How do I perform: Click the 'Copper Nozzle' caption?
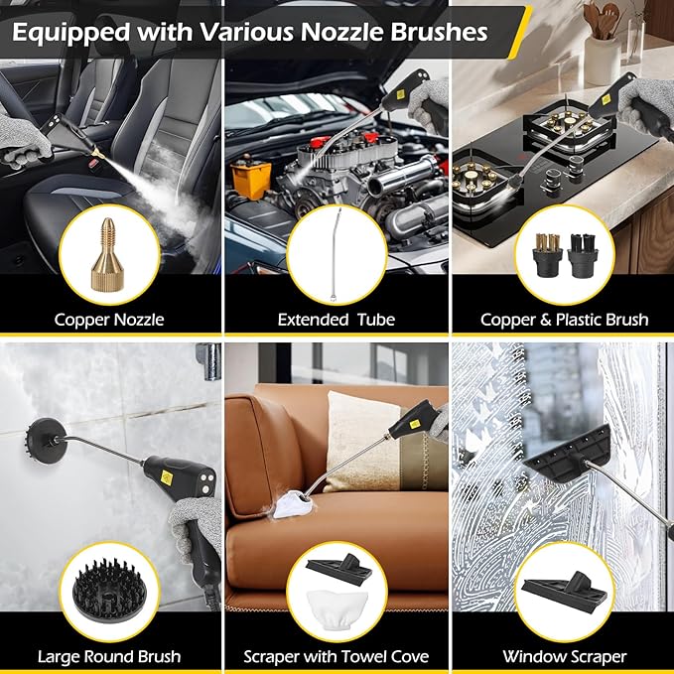point(110,319)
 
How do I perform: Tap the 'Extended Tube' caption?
point(337,319)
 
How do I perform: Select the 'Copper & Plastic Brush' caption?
point(564,319)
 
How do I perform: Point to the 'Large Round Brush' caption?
point(109,656)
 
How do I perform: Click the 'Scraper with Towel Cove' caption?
point(337,656)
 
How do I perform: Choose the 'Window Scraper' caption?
point(564,656)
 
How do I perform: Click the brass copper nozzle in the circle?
point(109,253)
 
